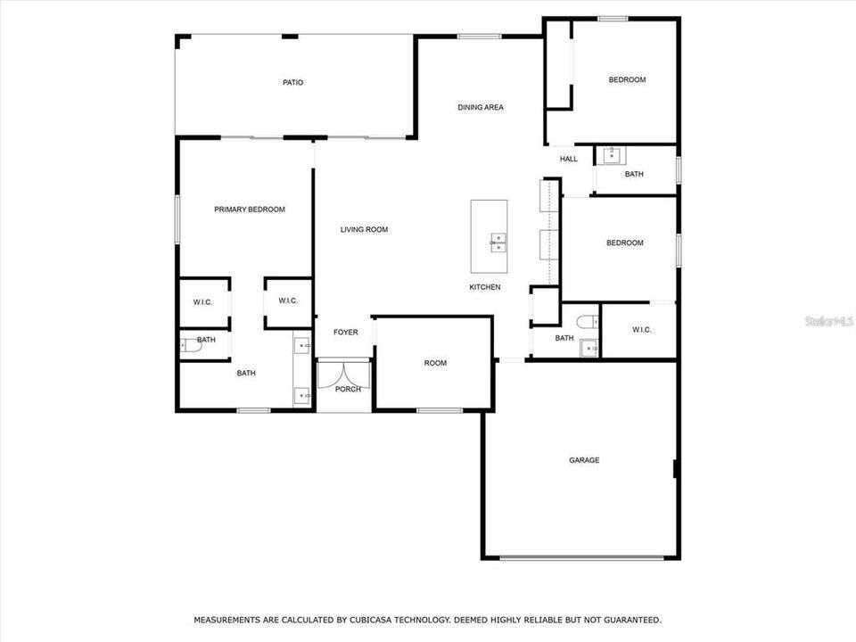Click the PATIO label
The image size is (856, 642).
coord(292,83)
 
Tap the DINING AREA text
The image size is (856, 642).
coord(481,108)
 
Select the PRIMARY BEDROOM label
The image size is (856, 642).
coord(250,210)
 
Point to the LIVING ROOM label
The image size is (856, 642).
coord(364,230)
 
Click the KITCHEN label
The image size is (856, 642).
coord(485,287)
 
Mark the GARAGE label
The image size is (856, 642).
coord(584,461)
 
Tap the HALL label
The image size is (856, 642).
coord(569,160)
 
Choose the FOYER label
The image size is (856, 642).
coord(346,333)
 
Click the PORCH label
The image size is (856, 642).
coord(348,389)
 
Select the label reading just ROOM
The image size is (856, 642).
coord(435,364)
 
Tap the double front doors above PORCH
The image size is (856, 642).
coord(344,370)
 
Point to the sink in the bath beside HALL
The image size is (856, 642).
coord(613,156)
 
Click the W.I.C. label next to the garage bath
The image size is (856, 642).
coord(642,330)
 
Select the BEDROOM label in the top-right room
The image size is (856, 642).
coord(627,80)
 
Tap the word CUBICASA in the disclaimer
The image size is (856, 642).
coord(364,620)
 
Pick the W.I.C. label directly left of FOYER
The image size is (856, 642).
coord(287,301)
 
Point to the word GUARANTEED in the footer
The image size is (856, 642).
coord(630,620)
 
